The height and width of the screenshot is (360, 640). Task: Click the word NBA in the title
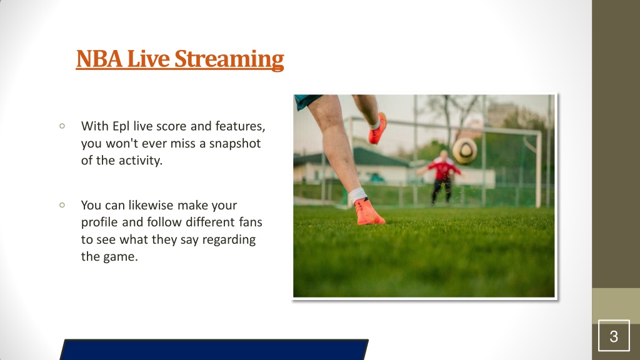point(99,59)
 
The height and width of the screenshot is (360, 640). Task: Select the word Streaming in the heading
point(229,59)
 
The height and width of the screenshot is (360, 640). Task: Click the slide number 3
point(614,336)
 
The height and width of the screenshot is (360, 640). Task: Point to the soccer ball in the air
point(464,151)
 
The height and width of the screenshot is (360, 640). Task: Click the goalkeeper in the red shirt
point(442,176)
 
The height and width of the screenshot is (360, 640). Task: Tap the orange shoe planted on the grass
point(369,211)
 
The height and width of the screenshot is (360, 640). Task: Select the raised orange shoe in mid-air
point(377,128)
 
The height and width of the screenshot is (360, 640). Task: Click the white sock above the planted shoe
point(357,195)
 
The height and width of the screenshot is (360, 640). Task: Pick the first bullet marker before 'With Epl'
point(62,126)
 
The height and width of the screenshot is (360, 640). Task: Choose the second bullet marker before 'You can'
point(62,205)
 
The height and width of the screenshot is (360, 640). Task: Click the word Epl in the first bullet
point(121,126)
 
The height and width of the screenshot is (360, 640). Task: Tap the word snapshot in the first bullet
point(235,143)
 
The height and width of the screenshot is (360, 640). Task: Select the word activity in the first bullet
point(141,161)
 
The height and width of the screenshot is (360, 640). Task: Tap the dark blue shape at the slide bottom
point(214,349)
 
